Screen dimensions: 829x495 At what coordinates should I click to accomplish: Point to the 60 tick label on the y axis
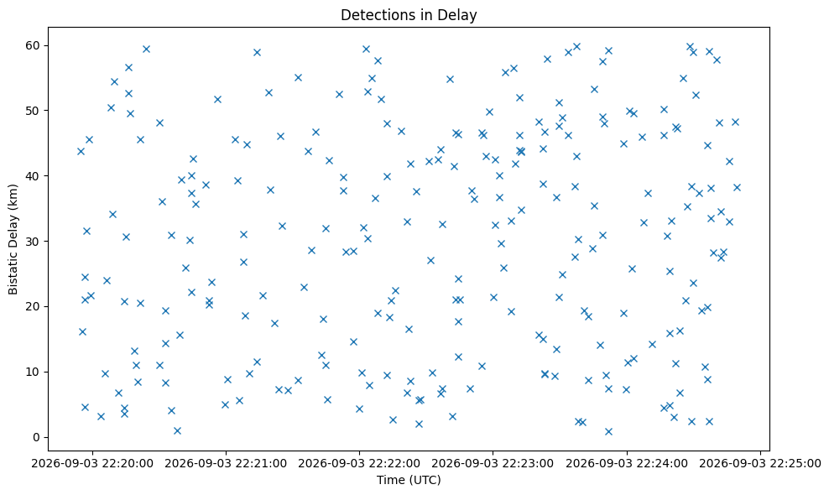click(x=34, y=45)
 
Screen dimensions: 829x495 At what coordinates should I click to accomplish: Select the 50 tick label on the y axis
click(x=34, y=111)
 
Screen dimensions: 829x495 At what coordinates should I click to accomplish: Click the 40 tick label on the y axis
click(x=34, y=176)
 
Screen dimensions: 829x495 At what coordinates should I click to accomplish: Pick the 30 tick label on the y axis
click(x=34, y=241)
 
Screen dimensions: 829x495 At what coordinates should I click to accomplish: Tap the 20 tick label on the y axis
click(x=34, y=307)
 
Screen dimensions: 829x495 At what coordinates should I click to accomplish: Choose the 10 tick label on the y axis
click(x=34, y=372)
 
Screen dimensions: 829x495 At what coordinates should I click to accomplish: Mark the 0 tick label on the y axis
click(x=37, y=437)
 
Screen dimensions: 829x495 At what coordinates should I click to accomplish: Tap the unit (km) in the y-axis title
click(x=13, y=195)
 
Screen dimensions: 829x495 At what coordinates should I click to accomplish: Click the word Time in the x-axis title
click(x=388, y=480)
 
